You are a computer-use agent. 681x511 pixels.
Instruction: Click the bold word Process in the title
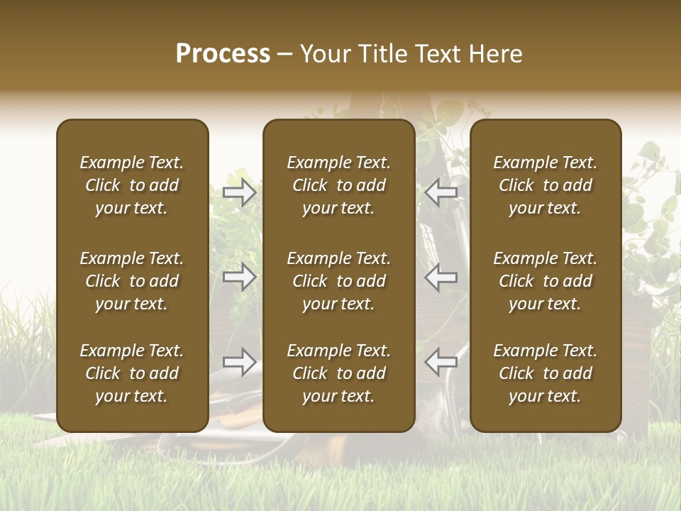(x=223, y=54)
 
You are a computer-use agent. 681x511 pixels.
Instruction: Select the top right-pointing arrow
(x=240, y=192)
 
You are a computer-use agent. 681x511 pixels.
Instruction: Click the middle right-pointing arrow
(x=240, y=277)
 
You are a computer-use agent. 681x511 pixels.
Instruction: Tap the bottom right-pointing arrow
(x=240, y=362)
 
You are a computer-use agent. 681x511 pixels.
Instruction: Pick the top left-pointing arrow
(x=441, y=192)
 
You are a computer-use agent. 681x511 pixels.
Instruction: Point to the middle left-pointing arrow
(x=441, y=277)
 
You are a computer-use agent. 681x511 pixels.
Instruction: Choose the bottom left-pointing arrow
(x=441, y=362)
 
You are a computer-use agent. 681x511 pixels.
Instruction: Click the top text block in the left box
(x=132, y=185)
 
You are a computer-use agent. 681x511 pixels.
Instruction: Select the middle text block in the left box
(x=132, y=281)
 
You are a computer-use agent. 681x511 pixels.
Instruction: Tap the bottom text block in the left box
(x=132, y=373)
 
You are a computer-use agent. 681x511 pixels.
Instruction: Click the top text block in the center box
(x=338, y=185)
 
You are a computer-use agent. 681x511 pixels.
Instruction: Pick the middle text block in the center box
(x=338, y=281)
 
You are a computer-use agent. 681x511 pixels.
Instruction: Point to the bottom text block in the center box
(x=338, y=373)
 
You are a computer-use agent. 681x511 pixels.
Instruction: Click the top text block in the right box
(x=545, y=185)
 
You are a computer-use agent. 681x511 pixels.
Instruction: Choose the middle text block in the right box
(x=545, y=281)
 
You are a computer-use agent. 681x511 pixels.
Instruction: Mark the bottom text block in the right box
(x=545, y=373)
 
